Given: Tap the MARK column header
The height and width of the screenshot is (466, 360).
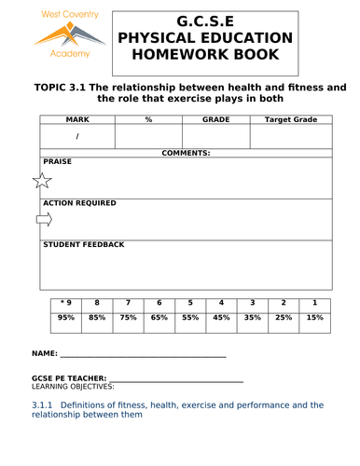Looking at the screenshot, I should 76,119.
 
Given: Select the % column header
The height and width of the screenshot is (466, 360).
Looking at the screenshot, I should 148,119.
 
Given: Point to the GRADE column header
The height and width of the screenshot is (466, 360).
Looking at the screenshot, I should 216,119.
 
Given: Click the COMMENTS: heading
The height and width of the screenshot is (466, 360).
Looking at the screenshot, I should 186,152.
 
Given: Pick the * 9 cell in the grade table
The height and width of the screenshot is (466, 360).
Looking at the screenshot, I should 65,303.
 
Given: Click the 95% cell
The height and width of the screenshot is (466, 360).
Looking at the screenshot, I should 65,318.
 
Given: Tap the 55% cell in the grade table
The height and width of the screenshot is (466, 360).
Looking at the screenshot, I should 190,318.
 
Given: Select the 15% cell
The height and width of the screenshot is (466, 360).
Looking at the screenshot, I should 315,318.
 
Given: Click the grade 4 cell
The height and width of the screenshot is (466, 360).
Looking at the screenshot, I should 221,303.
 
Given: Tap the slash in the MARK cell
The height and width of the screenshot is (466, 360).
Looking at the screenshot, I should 76,136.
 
